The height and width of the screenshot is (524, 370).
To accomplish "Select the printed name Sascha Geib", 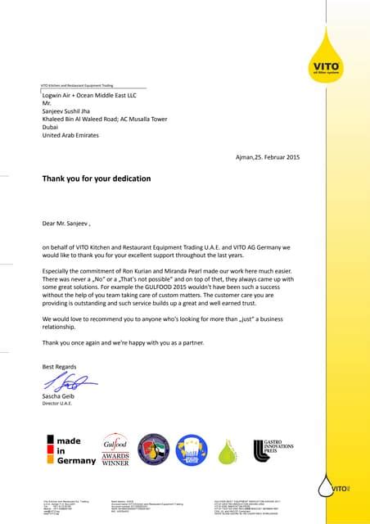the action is tap(60, 397).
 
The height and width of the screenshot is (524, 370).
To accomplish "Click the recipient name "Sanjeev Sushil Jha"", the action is tap(73, 111).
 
